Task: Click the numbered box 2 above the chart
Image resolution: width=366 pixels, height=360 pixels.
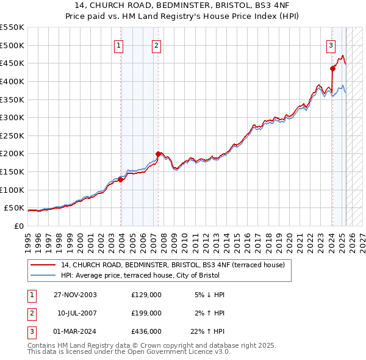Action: (156, 45)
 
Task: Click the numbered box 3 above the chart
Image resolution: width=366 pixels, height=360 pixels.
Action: (330, 45)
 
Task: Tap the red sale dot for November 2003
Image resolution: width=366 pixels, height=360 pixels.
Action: (121, 179)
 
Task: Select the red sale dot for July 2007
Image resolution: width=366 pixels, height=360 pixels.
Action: (158, 154)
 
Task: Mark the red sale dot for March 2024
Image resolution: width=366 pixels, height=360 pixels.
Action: (332, 68)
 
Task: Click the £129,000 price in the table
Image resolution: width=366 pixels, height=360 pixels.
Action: (146, 295)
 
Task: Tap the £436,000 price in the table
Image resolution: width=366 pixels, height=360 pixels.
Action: (146, 333)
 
